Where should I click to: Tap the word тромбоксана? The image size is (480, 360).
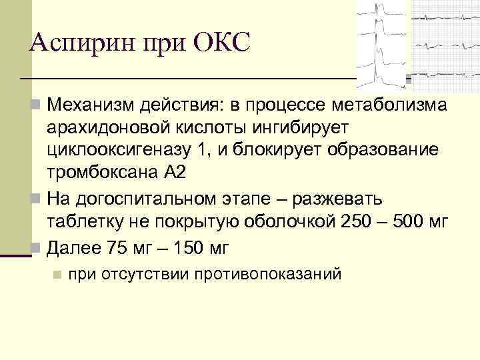pos(101,171)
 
